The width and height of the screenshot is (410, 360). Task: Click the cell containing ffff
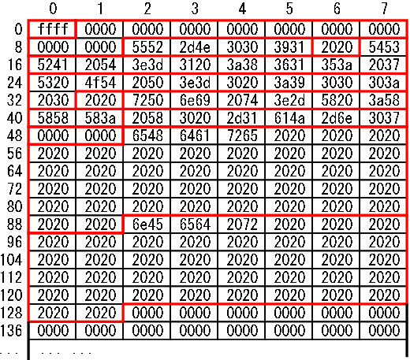tap(52, 29)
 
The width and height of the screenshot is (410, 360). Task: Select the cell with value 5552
tap(147, 47)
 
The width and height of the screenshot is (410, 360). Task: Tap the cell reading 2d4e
tap(194, 47)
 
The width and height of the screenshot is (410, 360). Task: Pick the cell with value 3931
tap(289, 47)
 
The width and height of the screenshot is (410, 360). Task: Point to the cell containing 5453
tap(383, 47)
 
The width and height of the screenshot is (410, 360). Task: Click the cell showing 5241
tap(52, 65)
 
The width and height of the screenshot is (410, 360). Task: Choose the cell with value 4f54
tap(99, 83)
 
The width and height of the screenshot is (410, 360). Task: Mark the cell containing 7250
tap(147, 100)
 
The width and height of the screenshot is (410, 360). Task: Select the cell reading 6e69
tap(194, 100)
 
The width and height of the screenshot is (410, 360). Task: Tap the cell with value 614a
tap(289, 118)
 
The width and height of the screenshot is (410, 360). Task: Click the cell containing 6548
tap(147, 135)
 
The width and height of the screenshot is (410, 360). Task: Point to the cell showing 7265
tap(241, 135)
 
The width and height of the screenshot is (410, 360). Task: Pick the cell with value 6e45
tap(147, 225)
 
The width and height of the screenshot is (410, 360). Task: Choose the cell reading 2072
tap(241, 225)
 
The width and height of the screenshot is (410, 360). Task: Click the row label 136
tap(11, 331)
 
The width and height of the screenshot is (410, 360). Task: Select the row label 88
tap(14, 225)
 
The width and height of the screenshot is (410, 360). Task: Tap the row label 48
tap(14, 135)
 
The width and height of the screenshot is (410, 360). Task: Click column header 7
tap(384, 9)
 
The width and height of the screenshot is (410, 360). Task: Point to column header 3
tap(195, 9)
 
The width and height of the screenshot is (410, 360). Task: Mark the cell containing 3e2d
tap(289, 100)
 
